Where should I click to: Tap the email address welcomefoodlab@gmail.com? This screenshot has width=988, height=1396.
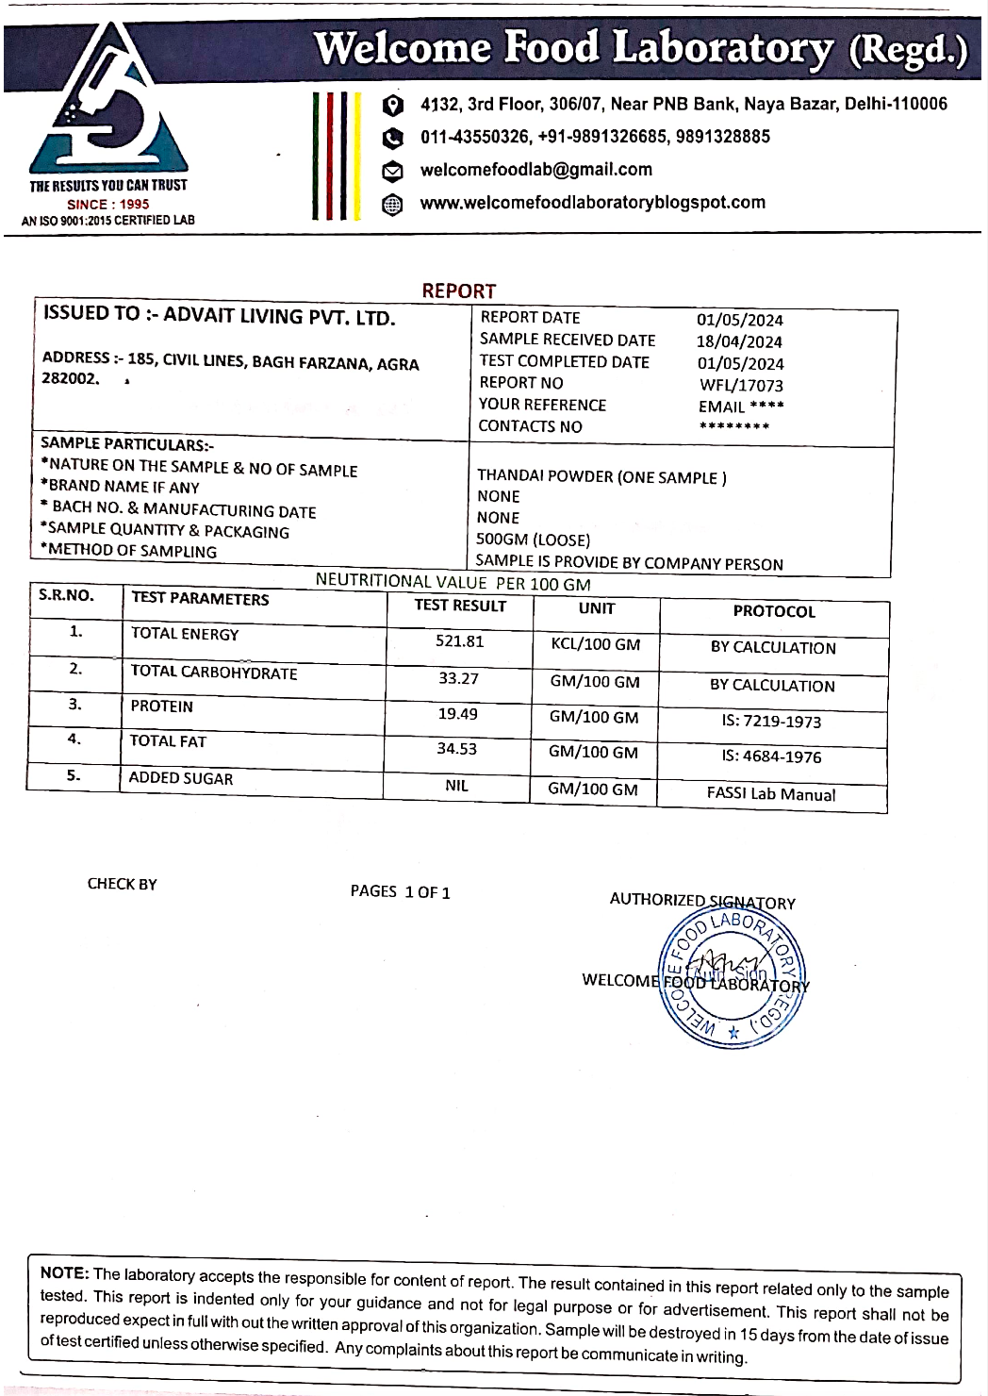point(535,170)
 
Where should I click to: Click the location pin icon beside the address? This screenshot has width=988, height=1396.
point(393,106)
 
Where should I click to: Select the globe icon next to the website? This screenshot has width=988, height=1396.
point(392,205)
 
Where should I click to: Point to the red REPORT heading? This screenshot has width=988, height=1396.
point(458,291)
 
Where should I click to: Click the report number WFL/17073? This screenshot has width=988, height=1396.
point(741,385)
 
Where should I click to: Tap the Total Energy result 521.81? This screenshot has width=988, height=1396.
point(459,641)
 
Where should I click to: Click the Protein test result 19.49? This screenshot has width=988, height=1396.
point(457,714)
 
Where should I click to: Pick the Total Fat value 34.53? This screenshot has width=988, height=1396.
point(456,749)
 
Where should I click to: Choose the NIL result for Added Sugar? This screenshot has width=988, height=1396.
point(456,786)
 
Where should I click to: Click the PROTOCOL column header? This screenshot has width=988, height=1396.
point(774,611)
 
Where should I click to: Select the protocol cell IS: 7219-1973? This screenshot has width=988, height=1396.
point(771,722)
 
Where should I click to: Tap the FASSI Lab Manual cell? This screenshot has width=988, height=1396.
point(771,794)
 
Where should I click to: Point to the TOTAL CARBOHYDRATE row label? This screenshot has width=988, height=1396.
point(214,672)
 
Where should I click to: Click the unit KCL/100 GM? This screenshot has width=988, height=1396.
point(595,645)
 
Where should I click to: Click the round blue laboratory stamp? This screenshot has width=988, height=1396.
point(732,976)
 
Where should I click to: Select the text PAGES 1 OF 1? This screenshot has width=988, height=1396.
point(400,891)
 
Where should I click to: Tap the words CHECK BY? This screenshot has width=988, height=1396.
point(123,884)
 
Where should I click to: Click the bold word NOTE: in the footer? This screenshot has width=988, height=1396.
point(64,1272)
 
